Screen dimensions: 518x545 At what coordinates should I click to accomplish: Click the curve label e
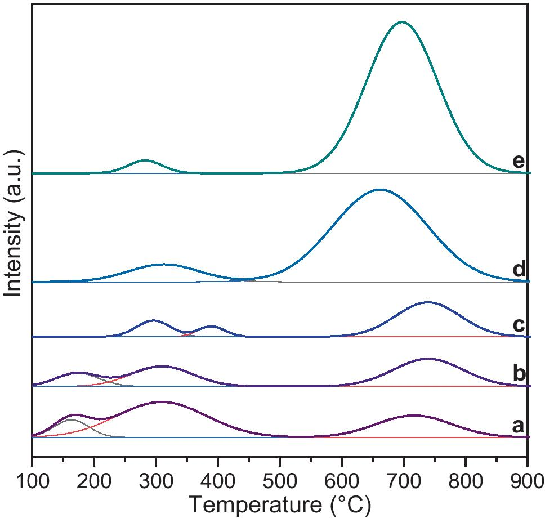519,162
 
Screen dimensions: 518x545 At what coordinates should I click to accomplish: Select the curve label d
519,270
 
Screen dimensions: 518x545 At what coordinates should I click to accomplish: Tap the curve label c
519,325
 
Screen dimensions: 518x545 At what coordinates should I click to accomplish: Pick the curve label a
519,426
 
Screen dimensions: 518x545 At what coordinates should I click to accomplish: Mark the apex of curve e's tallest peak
401,22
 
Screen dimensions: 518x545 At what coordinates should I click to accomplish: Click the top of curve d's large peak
379,190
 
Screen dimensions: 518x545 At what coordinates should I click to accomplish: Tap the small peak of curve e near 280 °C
145,160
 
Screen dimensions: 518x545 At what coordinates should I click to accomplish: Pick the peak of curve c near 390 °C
212,326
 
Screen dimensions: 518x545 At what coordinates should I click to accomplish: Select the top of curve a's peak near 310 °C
162,402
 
